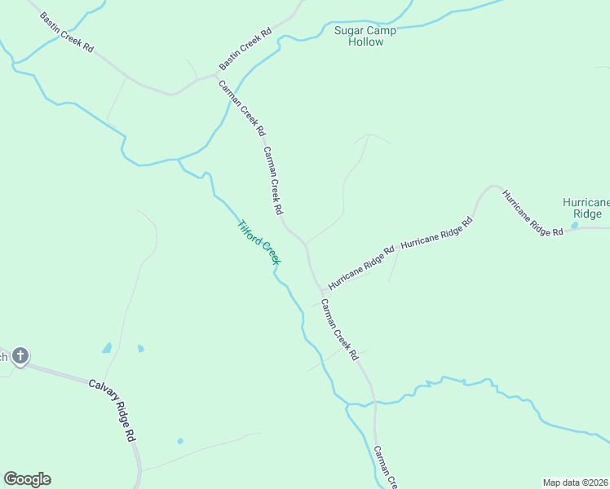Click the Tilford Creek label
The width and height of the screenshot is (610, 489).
click(259, 242)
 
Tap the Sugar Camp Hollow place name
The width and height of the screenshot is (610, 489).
click(365, 36)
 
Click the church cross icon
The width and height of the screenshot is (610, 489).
click(20, 356)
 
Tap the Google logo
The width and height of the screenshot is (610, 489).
click(27, 479)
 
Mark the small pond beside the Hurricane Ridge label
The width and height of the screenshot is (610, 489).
click(575, 224)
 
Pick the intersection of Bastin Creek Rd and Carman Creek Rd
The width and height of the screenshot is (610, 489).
click(214, 74)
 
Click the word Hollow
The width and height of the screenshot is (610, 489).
click(365, 42)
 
